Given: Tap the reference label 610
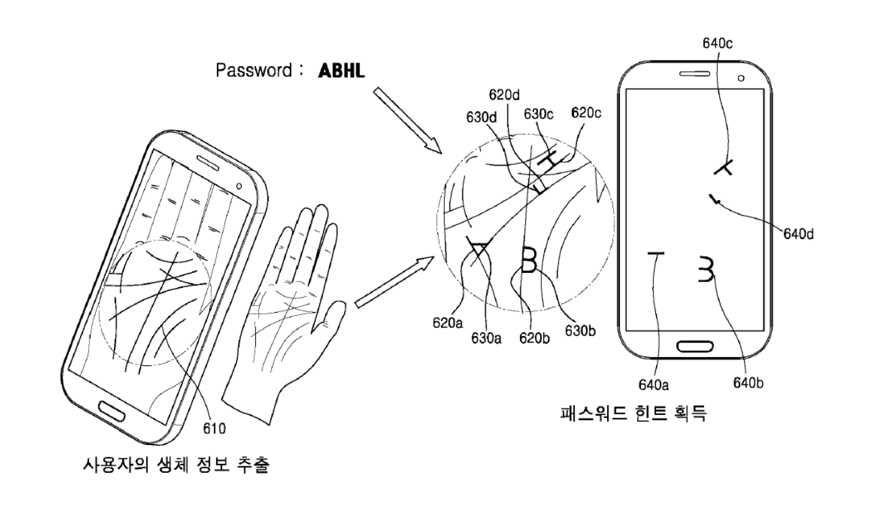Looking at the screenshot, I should click(x=214, y=428).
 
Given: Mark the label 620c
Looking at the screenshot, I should click(x=586, y=112).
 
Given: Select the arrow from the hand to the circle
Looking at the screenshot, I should click(x=395, y=281).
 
